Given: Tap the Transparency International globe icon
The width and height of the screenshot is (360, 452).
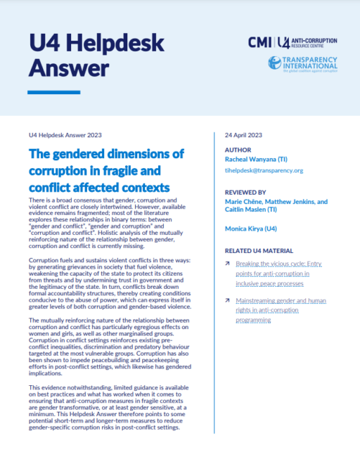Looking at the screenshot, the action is click(x=275, y=63).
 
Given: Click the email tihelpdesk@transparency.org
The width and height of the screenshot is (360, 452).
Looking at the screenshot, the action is click(x=264, y=170).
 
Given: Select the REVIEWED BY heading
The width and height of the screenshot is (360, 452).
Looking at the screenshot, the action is click(x=245, y=191).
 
